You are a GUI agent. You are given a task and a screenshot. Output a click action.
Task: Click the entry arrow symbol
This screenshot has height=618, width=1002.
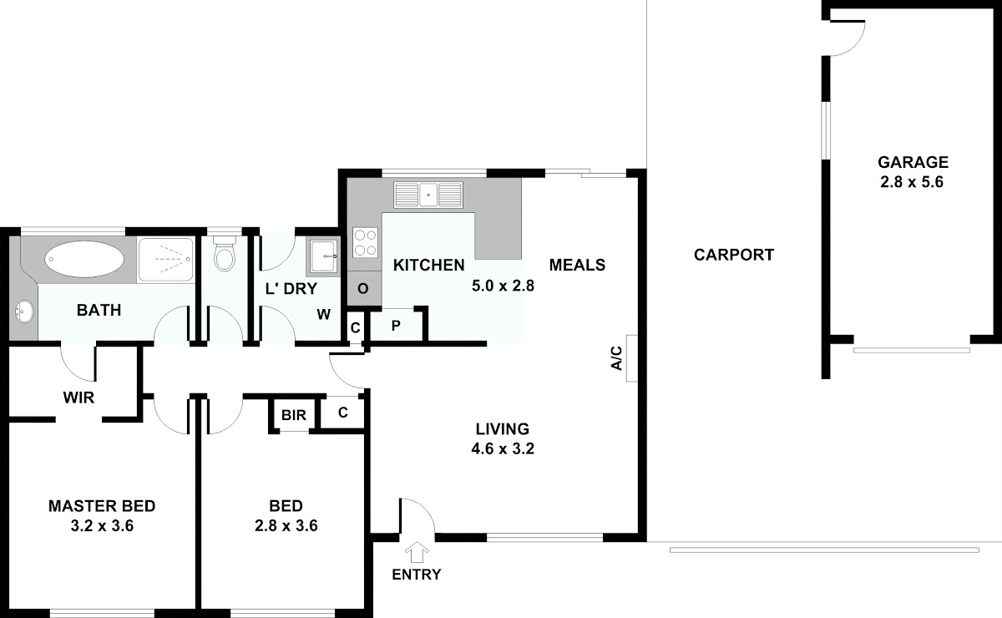pos(417,552)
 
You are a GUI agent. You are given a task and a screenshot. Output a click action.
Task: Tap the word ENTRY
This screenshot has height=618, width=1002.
pos(417,574)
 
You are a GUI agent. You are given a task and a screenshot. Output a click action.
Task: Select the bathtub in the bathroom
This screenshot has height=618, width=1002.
pos(84,259)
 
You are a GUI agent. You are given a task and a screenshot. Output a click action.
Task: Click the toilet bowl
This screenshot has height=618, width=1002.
pos(224,254)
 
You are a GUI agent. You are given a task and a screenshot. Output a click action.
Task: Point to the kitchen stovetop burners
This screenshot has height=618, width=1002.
pos(365,242)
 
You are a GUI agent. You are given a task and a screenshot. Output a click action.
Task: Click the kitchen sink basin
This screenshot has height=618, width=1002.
pos(428,195)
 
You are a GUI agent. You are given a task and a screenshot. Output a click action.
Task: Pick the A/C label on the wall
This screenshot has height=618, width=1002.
pos(616,358)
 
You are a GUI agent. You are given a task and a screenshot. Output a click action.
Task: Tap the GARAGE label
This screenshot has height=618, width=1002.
pos(913,162)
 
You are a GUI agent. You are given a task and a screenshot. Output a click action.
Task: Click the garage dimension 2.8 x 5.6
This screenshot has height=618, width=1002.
pos(912,182)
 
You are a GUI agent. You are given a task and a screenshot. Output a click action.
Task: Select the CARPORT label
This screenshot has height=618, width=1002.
pos(734,255)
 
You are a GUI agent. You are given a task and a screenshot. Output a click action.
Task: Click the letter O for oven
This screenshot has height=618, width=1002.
pos(362,289)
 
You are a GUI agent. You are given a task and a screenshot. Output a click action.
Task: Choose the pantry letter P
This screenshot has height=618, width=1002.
pos(396,326)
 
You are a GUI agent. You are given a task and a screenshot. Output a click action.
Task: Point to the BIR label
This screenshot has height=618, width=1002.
pos(294,415)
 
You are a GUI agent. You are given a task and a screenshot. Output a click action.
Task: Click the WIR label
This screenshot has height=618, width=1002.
pos(78,398)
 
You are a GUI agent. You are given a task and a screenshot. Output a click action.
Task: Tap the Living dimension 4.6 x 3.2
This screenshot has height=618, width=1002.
pos(503,448)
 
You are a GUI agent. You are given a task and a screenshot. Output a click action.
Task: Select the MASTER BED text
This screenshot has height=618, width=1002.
pos(102,506)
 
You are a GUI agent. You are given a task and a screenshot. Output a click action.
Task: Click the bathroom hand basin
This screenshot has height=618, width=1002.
pos(24,311)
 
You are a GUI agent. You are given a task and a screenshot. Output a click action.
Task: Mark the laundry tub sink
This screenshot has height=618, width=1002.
pos(323,256)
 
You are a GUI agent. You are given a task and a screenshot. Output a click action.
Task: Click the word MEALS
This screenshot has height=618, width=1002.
pos(577,265)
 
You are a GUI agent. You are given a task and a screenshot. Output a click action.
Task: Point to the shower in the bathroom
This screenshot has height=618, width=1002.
pos(165,260)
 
